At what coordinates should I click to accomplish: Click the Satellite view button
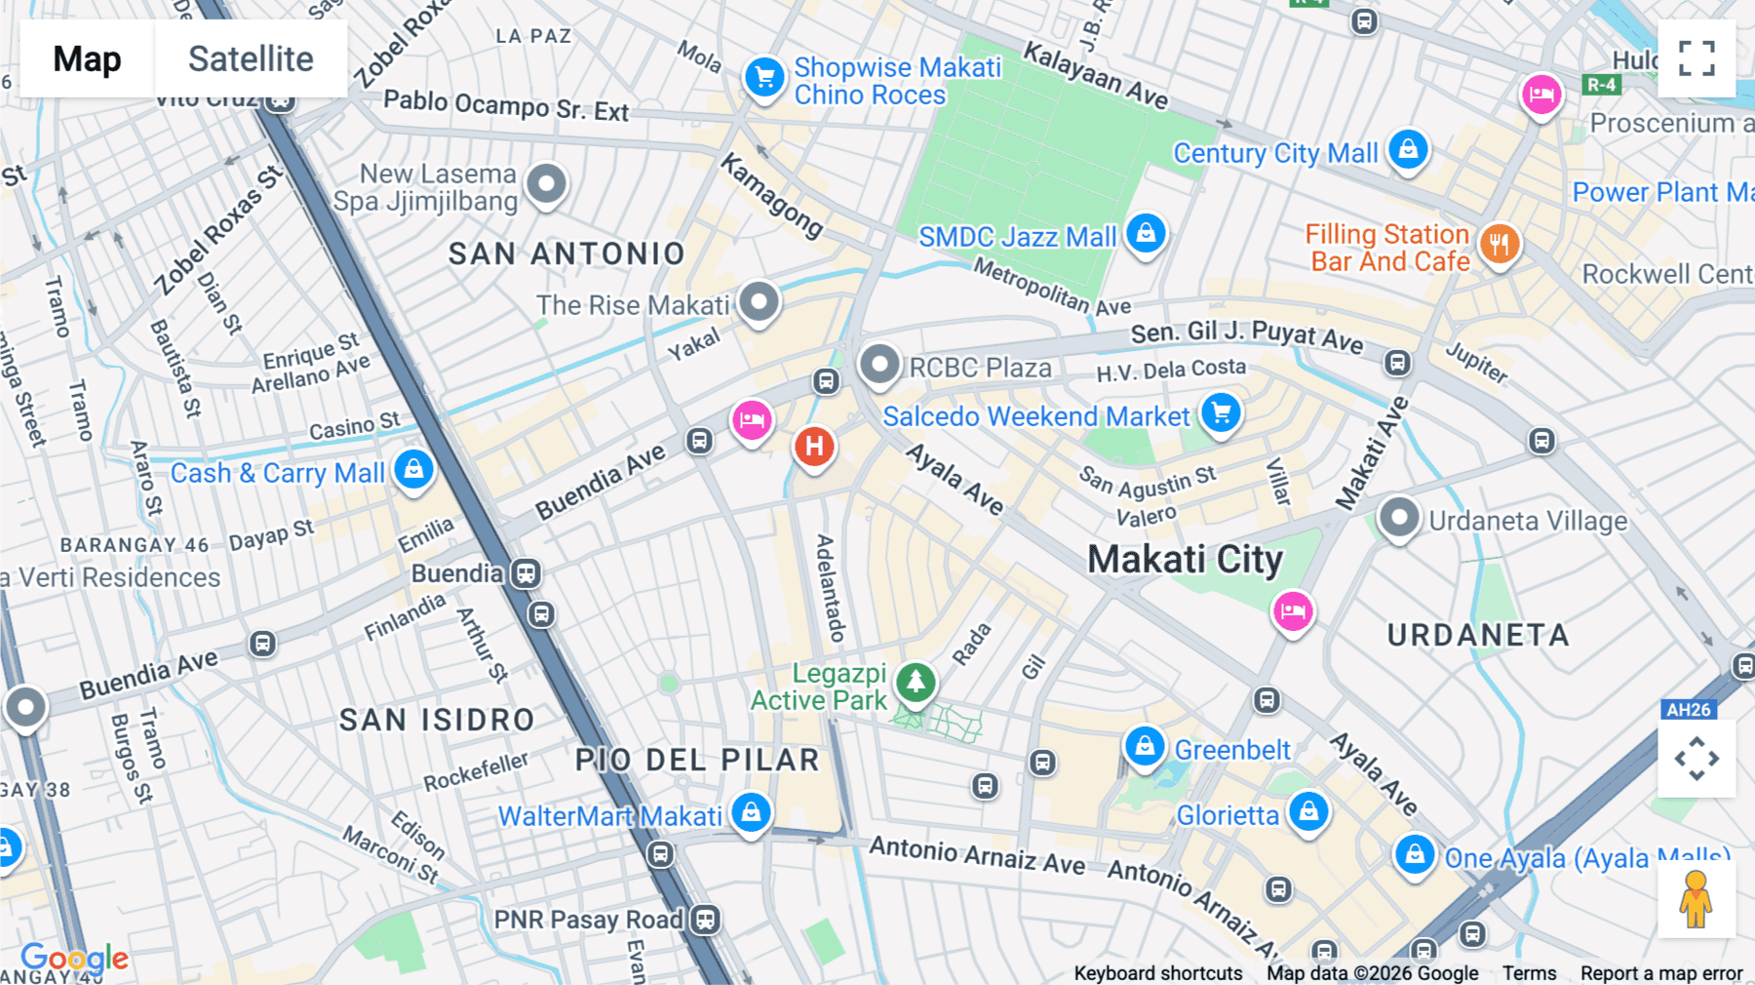pos(251,59)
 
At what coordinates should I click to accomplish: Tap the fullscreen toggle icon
pos(1696,59)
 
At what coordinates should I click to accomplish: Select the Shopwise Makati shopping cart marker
pos(765,77)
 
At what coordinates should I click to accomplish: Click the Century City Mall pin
pos(1408,149)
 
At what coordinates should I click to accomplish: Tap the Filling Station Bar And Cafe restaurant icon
pos(1500,243)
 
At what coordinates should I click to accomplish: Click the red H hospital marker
pos(814,447)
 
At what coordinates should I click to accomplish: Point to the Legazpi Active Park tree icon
pos(916,682)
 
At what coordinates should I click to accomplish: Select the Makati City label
pos(1185,560)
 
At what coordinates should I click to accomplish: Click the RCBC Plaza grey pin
pos(878,365)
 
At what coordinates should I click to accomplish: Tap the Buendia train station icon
pos(526,572)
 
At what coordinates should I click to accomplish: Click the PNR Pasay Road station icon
pos(705,919)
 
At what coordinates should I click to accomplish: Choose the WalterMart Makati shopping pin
pos(751,811)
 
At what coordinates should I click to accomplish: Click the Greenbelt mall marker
pos(1145,746)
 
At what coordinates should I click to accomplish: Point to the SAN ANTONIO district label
pos(566,254)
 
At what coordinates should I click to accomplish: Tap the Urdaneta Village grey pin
pos(1398,517)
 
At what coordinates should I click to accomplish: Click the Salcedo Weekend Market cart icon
pos(1221,412)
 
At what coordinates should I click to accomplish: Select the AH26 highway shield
pos(1688,709)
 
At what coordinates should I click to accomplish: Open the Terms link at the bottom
pos(1529,972)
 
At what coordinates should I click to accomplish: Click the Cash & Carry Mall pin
pos(413,469)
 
